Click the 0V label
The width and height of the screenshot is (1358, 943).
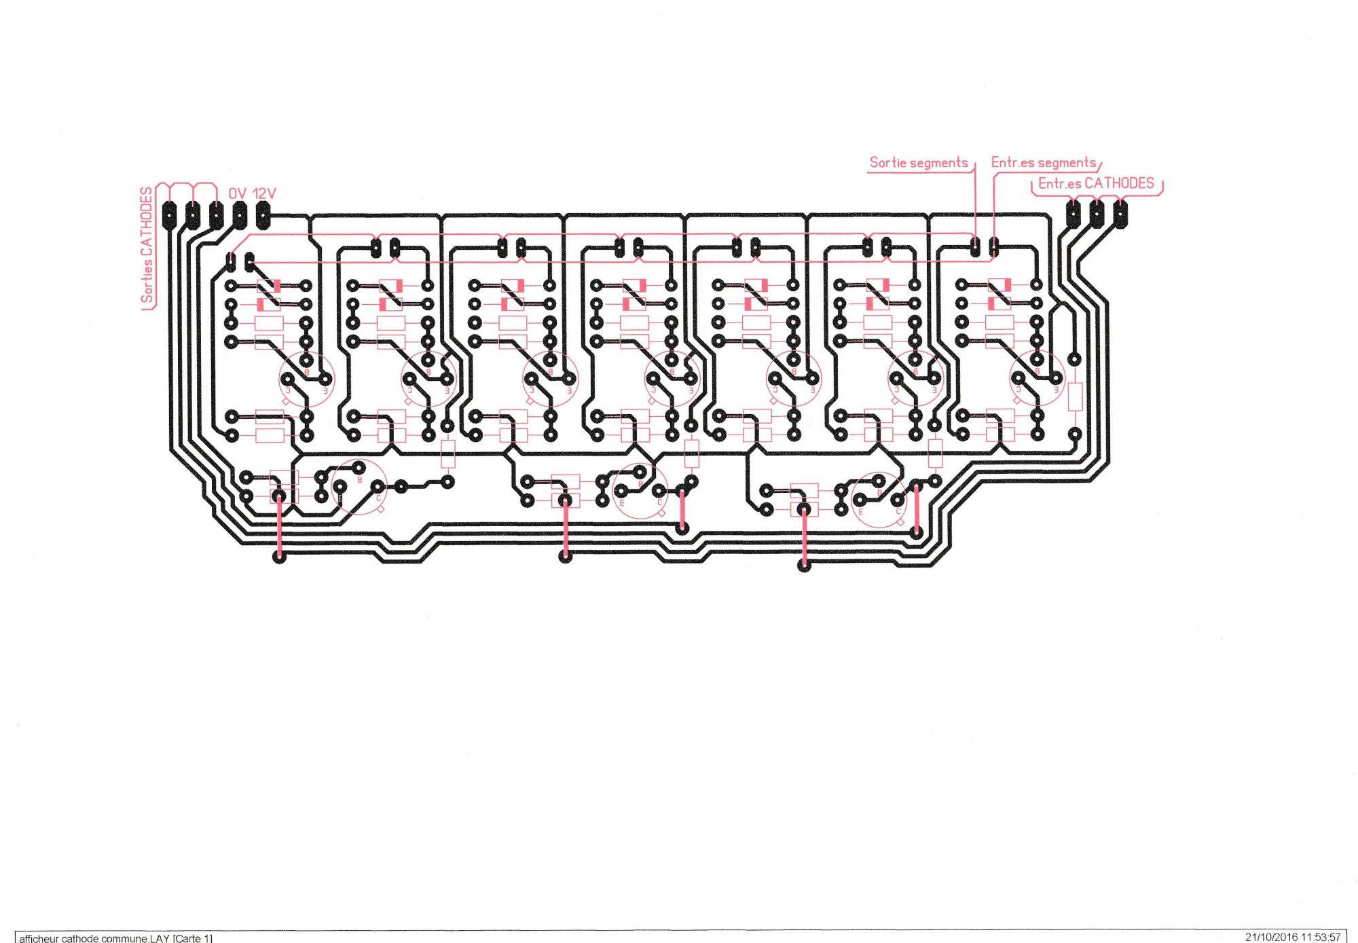pyautogui.click(x=237, y=193)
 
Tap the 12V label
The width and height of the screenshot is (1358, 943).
pyautogui.click(x=264, y=193)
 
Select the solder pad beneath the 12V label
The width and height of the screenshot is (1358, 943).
pyautogui.click(x=263, y=217)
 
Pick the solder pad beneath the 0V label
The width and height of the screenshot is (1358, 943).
pyautogui.click(x=239, y=217)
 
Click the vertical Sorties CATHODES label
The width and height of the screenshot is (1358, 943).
pyautogui.click(x=147, y=246)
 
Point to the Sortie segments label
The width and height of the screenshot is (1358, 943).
pyautogui.click(x=918, y=163)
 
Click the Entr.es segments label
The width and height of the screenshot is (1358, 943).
pyautogui.click(x=1043, y=163)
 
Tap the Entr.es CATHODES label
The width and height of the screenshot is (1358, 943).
pyautogui.click(x=1096, y=183)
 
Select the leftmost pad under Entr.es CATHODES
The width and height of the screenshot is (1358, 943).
pyautogui.click(x=1073, y=213)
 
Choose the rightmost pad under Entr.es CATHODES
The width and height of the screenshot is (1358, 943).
pyautogui.click(x=1120, y=213)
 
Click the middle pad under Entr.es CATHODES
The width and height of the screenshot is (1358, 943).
pyautogui.click(x=1097, y=213)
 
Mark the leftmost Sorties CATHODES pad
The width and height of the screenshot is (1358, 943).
pyautogui.click(x=169, y=217)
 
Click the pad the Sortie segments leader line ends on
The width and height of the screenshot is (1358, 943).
pyautogui.click(x=975, y=248)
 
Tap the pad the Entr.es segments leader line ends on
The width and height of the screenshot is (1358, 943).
pyautogui.click(x=994, y=248)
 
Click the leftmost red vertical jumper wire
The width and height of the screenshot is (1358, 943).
pyautogui.click(x=278, y=526)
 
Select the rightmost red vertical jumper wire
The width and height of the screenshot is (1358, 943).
pyautogui.click(x=917, y=509)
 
